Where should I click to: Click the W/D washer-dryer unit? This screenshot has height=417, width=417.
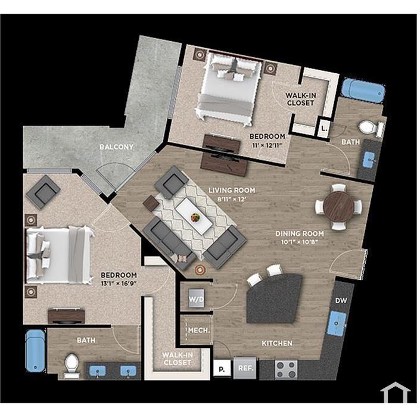(196, 298)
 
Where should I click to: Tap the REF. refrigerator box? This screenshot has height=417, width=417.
(245, 368)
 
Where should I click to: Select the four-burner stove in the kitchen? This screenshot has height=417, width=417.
(286, 370)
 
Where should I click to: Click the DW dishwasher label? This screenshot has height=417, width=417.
(341, 300)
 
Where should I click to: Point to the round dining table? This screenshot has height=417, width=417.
(339, 207)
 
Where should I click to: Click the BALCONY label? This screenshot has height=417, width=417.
(117, 147)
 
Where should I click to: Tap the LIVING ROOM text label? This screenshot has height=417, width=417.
(232, 190)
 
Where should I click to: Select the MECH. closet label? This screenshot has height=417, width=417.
(199, 330)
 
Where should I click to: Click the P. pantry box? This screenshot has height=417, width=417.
(222, 369)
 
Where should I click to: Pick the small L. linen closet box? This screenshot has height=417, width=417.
(323, 129)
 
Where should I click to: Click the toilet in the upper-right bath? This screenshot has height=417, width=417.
(371, 127)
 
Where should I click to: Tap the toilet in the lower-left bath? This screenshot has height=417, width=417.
(71, 365)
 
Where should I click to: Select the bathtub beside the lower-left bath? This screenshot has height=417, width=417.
(35, 351)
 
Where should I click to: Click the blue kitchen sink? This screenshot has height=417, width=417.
(337, 323)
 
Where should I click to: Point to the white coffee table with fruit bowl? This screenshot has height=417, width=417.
(194, 216)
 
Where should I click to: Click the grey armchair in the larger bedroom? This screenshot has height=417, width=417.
(43, 192)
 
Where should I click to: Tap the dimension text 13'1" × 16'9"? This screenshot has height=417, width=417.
(119, 284)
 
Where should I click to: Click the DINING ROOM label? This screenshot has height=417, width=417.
(300, 234)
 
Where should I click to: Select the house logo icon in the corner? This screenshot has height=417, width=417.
(395, 392)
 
